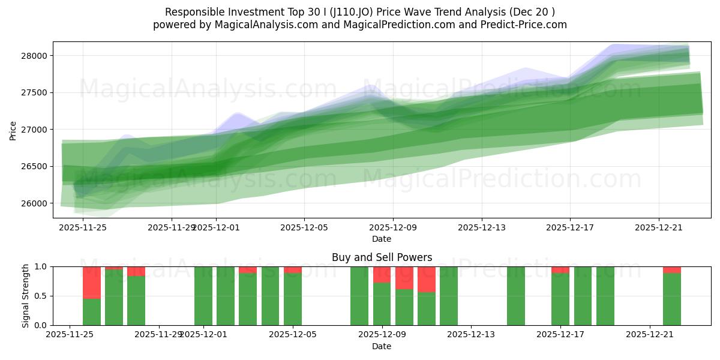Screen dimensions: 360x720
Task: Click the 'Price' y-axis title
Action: (13, 130)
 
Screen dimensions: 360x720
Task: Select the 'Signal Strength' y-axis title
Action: (25, 296)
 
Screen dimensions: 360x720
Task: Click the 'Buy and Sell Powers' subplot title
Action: (382, 257)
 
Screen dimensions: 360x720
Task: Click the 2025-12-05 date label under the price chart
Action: (304, 227)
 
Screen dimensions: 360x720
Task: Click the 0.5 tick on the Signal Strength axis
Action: (42, 296)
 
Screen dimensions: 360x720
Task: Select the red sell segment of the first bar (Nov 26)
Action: (92, 282)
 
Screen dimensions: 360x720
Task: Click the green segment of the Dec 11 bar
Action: (427, 308)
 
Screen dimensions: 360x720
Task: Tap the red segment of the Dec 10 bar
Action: (404, 278)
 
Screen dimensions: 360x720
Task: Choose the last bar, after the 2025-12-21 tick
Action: (672, 299)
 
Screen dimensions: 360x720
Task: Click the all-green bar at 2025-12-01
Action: (203, 296)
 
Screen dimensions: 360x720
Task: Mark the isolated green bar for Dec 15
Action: (516, 296)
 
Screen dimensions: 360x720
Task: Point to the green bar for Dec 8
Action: (359, 296)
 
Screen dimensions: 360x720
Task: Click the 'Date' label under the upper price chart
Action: (382, 239)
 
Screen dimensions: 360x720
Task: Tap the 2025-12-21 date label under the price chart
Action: (659, 227)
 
